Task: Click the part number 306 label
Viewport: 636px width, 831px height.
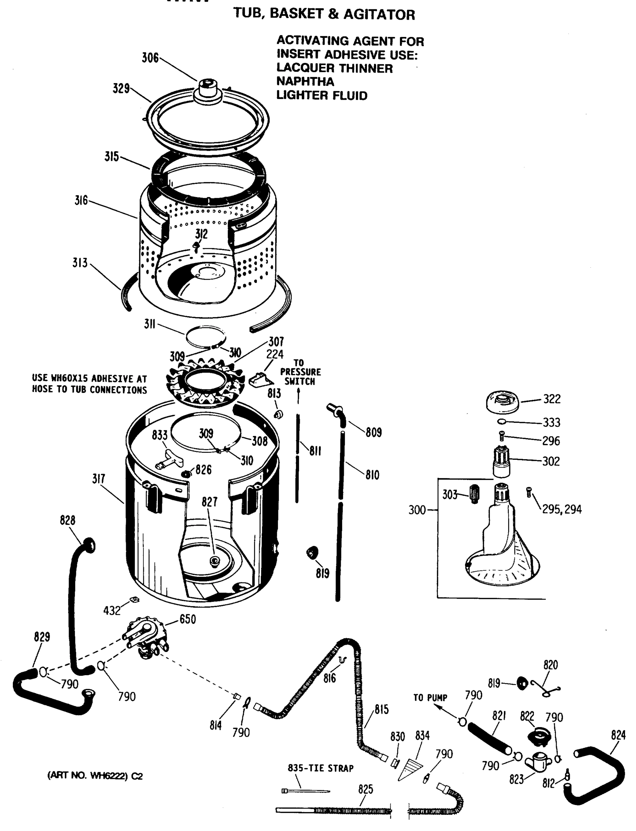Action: pos(150,58)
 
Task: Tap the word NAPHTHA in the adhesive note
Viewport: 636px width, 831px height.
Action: pos(305,81)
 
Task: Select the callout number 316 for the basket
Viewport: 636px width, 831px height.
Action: pos(81,200)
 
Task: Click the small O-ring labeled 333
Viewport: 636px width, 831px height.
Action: pos(501,421)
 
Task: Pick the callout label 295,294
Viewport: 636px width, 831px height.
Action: pos(562,509)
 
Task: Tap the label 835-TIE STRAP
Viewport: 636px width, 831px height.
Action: pos(320,768)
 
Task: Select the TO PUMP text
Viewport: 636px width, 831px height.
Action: pos(430,697)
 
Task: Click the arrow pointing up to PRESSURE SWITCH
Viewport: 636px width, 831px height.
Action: pos(298,397)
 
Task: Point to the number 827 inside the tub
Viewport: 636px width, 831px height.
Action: pos(209,502)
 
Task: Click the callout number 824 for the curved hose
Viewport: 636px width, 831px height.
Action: pos(618,735)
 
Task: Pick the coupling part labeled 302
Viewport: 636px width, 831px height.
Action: pos(502,462)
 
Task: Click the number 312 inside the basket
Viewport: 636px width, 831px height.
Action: pos(201,234)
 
